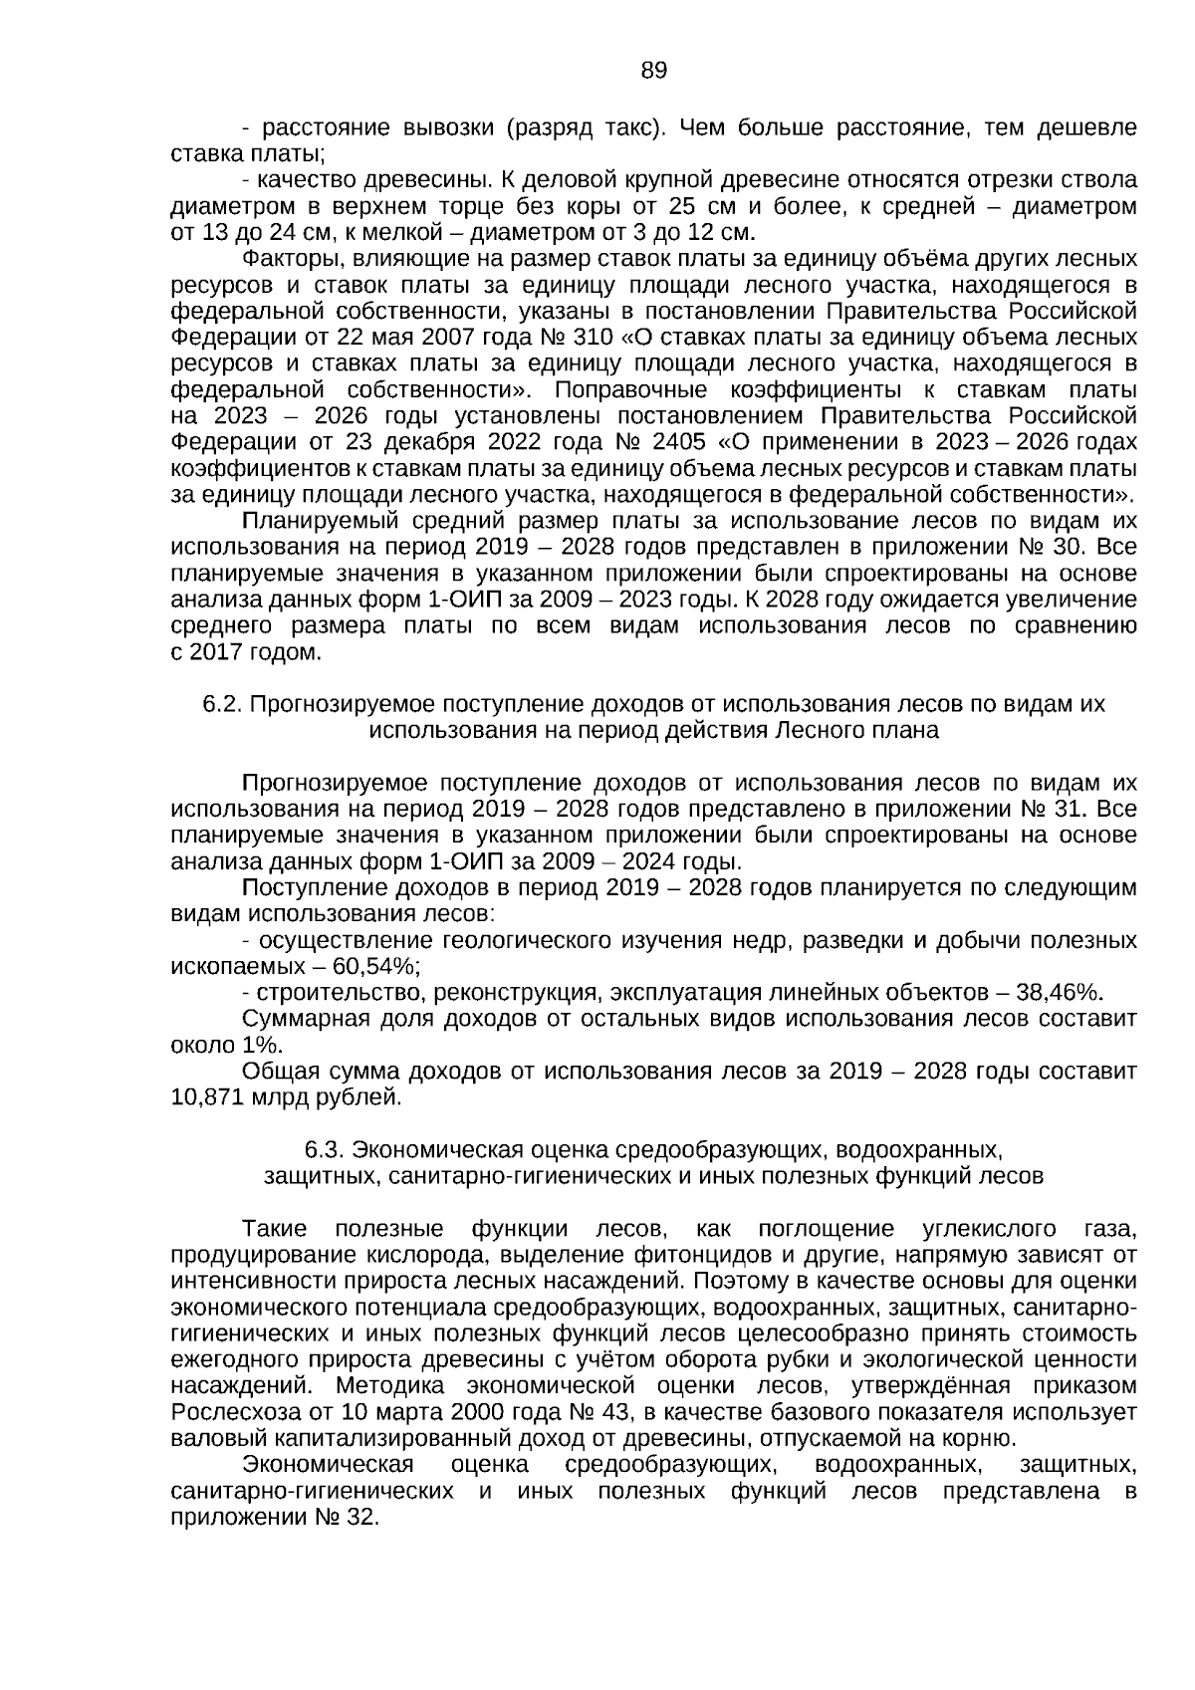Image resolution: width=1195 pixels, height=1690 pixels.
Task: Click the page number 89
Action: coord(653,71)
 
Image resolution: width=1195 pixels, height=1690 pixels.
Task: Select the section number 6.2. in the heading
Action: coord(223,704)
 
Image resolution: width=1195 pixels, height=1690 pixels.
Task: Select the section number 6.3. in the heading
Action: coord(326,1150)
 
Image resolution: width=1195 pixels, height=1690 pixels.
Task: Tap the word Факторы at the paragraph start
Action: coord(290,260)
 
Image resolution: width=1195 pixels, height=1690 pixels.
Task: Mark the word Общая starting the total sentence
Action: coord(276,1072)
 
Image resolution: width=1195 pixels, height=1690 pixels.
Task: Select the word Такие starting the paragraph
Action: coord(275,1229)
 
